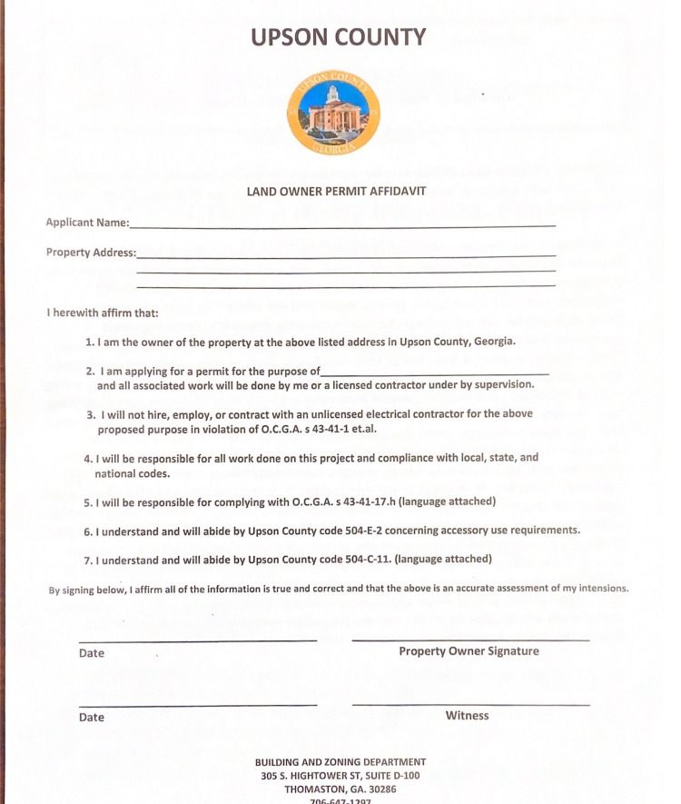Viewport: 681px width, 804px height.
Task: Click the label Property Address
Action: click(x=91, y=253)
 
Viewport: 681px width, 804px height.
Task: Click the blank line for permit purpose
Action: click(x=436, y=372)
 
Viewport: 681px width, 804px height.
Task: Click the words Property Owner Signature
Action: click(x=469, y=651)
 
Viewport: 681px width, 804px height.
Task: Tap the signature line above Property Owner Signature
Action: click(x=470, y=640)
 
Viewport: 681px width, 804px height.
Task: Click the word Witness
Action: click(x=467, y=716)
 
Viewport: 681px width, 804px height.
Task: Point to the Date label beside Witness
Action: click(x=92, y=718)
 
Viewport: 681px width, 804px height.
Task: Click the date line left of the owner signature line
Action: click(x=198, y=640)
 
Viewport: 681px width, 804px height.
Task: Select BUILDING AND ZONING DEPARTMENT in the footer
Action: click(x=340, y=762)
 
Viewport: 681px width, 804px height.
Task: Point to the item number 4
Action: click(x=87, y=459)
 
